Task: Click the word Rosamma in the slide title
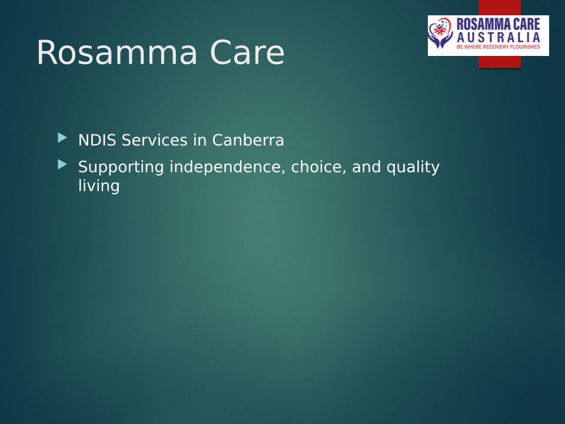tap(117, 52)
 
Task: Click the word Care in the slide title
tap(247, 52)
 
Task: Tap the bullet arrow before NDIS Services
tap(62, 138)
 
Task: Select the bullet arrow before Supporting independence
tap(62, 165)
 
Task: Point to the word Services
tap(155, 140)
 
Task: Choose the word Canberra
tap(248, 140)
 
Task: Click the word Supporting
tap(121, 167)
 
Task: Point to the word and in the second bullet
tap(366, 167)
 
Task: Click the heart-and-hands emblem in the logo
tap(440, 34)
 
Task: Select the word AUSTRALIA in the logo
tap(498, 38)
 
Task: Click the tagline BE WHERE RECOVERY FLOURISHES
tap(498, 47)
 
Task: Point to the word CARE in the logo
tap(527, 24)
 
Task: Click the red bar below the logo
tap(500, 62)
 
